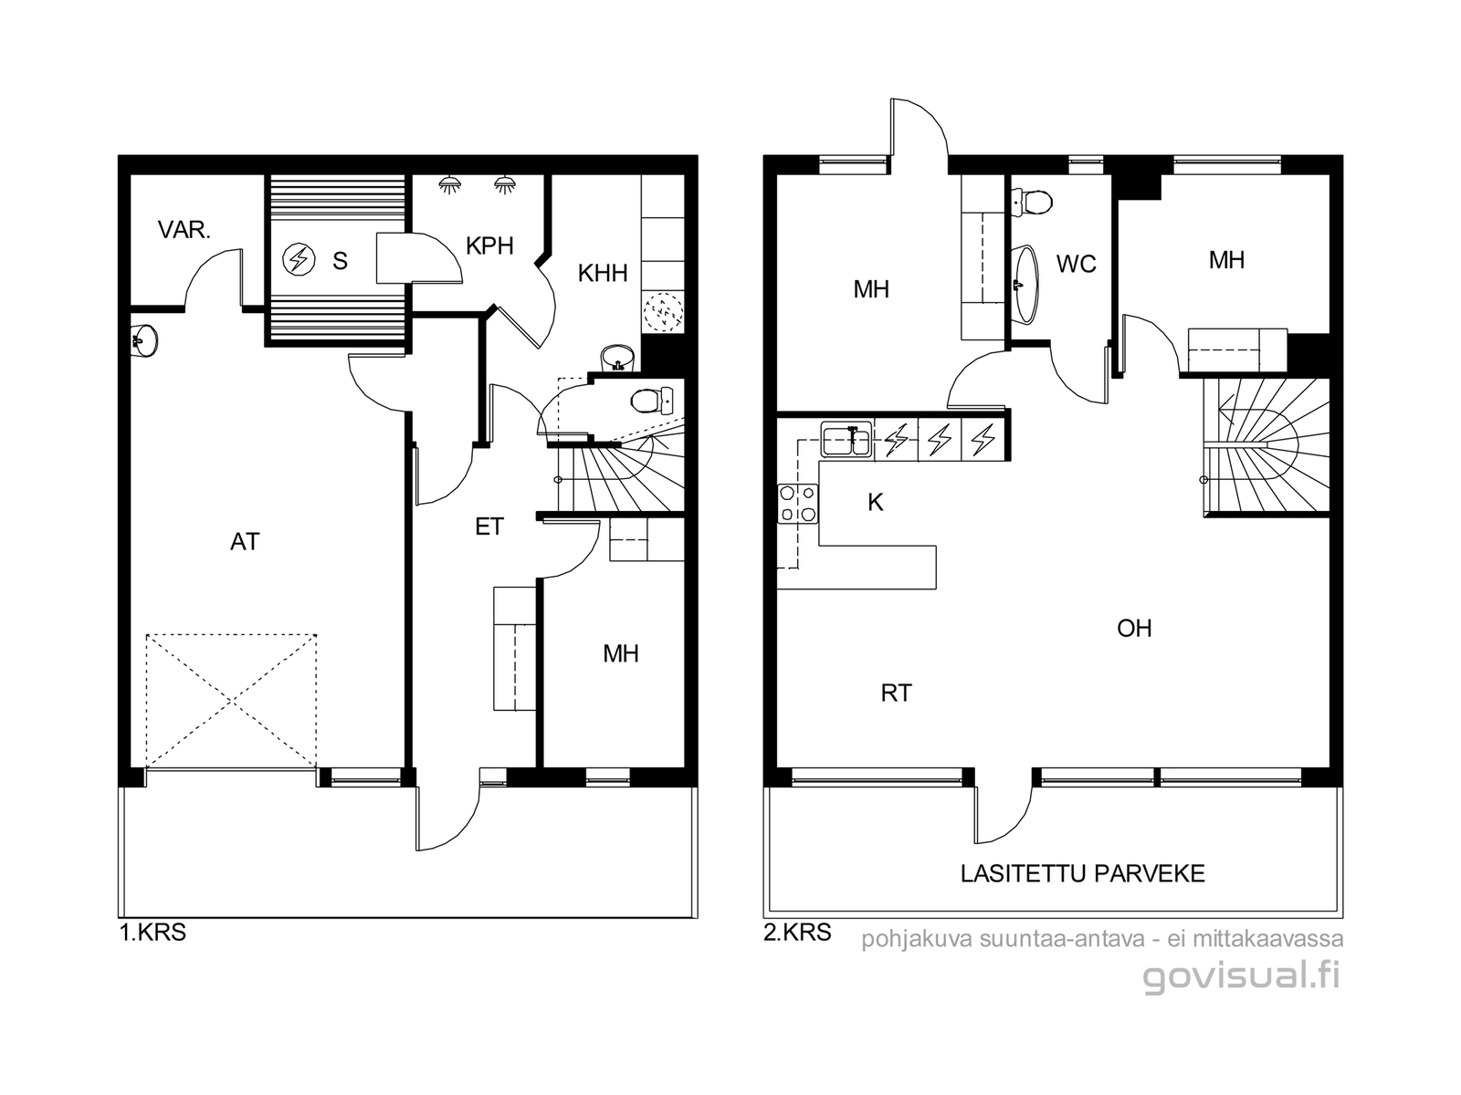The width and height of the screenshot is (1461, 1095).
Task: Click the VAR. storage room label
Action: click(184, 230)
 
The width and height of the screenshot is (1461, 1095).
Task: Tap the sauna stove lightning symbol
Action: click(299, 260)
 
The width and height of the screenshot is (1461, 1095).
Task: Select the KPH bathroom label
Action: click(489, 246)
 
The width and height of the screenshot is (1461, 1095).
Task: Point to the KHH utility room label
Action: click(603, 273)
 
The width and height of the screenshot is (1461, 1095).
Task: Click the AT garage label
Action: click(245, 542)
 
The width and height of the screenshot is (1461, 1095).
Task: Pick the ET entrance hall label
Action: click(489, 527)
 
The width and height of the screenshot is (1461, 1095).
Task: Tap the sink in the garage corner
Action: click(144, 341)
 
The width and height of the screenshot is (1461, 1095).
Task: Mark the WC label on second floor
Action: click(1077, 264)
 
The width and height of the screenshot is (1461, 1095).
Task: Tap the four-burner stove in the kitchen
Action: click(797, 504)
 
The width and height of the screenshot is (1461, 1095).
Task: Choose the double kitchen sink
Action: click(846, 440)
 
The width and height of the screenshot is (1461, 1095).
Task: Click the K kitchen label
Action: click(876, 503)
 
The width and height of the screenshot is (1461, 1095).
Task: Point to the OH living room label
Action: click(1134, 629)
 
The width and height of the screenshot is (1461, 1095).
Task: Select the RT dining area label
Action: click(896, 693)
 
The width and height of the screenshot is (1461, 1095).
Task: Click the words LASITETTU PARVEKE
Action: click(1083, 873)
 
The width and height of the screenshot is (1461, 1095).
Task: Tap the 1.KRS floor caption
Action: click(153, 933)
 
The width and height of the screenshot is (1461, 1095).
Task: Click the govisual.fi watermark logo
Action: click(1242, 976)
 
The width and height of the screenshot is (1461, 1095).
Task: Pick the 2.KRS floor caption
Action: click(797, 933)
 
